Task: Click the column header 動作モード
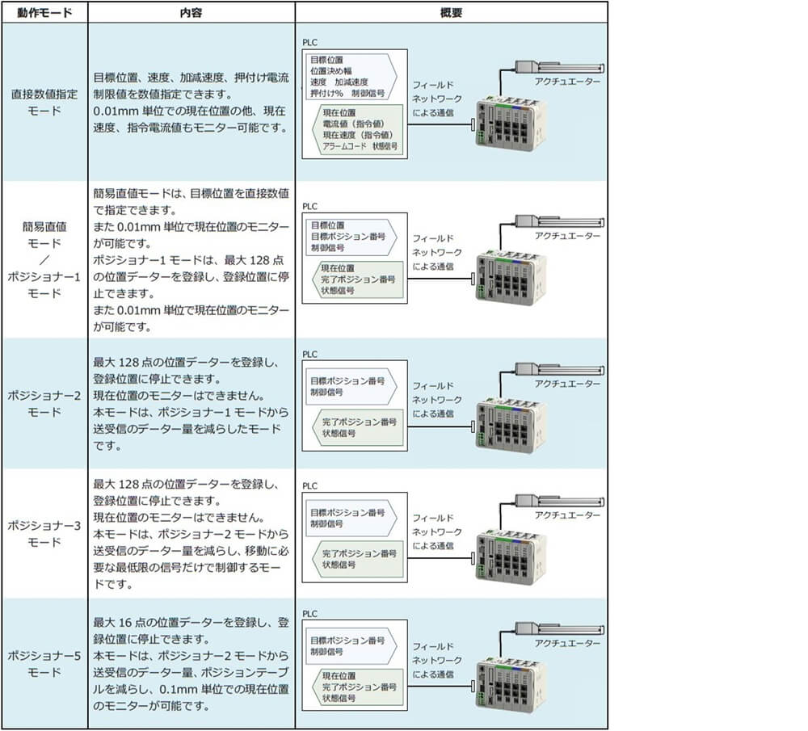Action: pyautogui.click(x=44, y=13)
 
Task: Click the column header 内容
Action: pyautogui.click(x=191, y=13)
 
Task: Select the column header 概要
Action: pyautogui.click(x=451, y=13)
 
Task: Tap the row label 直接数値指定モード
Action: pyautogui.click(x=44, y=103)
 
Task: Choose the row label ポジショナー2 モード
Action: pyautogui.click(x=44, y=403)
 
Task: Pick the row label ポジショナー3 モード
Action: pyautogui.click(x=44, y=534)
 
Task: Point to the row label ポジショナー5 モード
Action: pyautogui.click(x=44, y=664)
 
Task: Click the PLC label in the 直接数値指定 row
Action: pyautogui.click(x=309, y=42)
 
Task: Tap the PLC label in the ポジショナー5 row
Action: pyautogui.click(x=309, y=614)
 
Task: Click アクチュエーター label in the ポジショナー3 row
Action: pyautogui.click(x=567, y=515)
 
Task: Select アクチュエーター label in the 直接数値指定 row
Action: pyautogui.click(x=567, y=82)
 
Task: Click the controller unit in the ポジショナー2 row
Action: pyautogui.click(x=511, y=425)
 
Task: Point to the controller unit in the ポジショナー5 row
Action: pyautogui.click(x=511, y=685)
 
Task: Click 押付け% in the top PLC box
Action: pyautogui.click(x=326, y=93)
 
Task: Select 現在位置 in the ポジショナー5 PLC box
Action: pyautogui.click(x=339, y=676)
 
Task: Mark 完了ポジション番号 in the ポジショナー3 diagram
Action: pyautogui.click(x=360, y=554)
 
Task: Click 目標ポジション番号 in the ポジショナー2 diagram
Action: pyautogui.click(x=347, y=380)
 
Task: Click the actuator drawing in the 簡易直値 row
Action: pyautogui.click(x=560, y=222)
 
